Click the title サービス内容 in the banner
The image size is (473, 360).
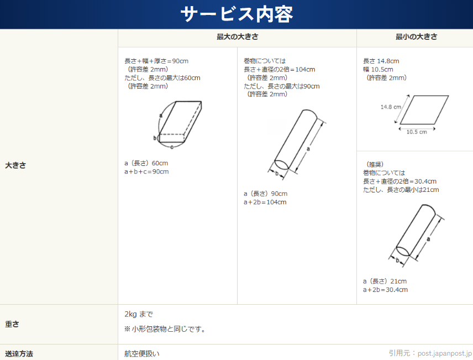(236, 14)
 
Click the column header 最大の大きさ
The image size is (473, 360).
(238, 37)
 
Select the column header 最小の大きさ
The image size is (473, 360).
(416, 37)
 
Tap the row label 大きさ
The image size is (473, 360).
(15, 165)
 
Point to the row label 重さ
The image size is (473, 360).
(12, 324)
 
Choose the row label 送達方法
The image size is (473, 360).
(19, 354)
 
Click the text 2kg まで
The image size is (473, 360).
(139, 315)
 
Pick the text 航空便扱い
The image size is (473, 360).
(142, 354)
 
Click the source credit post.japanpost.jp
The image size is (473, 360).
(445, 353)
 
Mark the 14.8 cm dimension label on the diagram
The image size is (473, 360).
(391, 107)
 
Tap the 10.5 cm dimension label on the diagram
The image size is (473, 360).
(417, 132)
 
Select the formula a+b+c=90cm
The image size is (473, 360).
(146, 171)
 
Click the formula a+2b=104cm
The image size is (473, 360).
(265, 202)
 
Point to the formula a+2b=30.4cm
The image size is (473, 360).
(385, 290)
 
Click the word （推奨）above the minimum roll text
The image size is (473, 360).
(374, 164)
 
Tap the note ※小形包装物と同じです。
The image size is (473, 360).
(165, 329)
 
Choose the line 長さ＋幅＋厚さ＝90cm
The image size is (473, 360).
(156, 61)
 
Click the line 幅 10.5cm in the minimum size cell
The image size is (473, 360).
(378, 70)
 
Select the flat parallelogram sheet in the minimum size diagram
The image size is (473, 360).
(424, 110)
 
